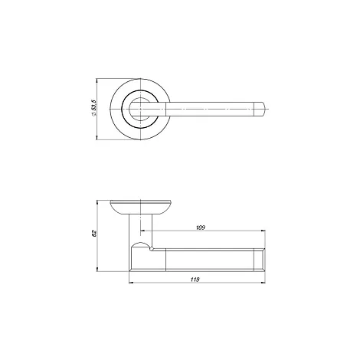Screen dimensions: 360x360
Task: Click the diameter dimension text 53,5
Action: click(94, 106)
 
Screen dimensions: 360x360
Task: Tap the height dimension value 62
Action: click(94, 234)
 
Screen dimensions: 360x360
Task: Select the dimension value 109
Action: click(201, 227)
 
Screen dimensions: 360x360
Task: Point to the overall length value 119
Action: click(195, 280)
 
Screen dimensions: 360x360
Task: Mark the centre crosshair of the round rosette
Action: click(141, 110)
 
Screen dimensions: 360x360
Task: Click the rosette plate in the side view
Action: click(141, 207)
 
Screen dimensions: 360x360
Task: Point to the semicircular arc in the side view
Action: click(140, 242)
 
